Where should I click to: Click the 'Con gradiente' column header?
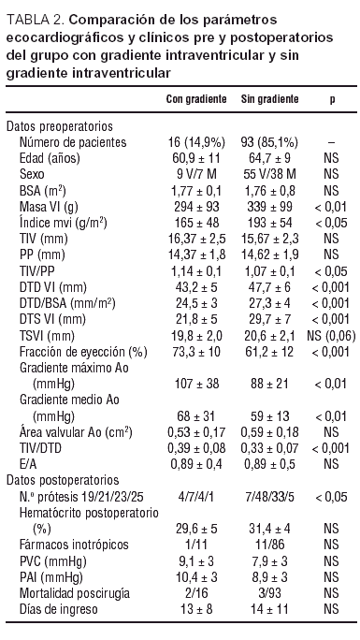tap(197, 98)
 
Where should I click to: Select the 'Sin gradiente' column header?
tap(269, 98)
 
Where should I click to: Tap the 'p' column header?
tap(332, 98)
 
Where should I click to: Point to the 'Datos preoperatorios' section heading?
tap(60, 125)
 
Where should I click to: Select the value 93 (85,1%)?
tap(269, 141)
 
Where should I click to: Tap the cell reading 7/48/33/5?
tap(269, 496)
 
